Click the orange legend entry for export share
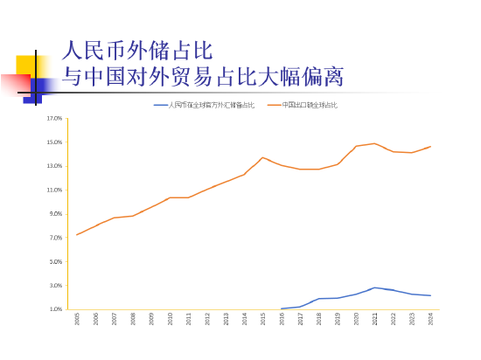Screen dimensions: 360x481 coord(309,105)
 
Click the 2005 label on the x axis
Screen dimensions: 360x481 coord(77,320)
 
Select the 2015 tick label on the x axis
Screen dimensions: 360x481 coord(263,320)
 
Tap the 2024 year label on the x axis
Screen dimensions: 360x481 coord(430,320)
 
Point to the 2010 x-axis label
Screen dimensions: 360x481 coord(170,320)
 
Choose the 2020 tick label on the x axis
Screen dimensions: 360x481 coord(356,320)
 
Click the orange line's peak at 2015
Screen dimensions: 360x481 coord(262,157)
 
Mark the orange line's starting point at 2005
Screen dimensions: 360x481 coord(77,234)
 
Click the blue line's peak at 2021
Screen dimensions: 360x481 coord(374,287)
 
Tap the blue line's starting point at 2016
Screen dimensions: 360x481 coord(282,308)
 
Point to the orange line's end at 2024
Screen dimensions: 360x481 coord(430,146)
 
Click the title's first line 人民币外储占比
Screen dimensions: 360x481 coord(138,49)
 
